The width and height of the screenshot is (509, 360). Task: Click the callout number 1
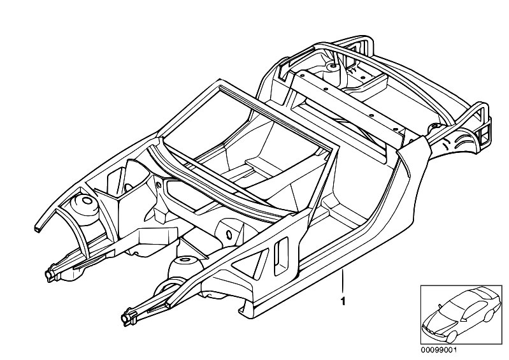click(343, 301)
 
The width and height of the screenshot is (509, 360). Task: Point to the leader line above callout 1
click(343, 282)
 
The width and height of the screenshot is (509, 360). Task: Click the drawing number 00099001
click(438, 350)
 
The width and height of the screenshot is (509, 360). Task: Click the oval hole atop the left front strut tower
click(88, 200)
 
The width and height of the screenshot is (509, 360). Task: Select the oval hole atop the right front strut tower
click(184, 259)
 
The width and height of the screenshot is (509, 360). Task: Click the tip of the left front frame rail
click(50, 275)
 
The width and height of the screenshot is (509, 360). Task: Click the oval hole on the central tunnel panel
click(229, 234)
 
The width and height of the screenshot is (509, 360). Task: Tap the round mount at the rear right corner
click(434, 127)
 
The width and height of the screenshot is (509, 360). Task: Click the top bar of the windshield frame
click(278, 117)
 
